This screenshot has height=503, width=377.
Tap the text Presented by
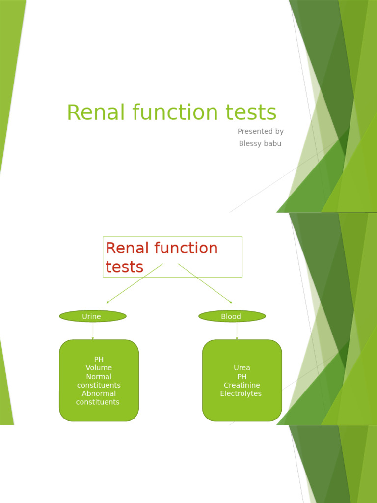[260, 131]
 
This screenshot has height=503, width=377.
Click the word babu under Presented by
[272, 143]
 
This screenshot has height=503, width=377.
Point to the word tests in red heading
[124, 267]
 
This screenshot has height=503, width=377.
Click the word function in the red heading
[187, 248]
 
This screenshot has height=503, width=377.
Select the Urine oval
[92, 316]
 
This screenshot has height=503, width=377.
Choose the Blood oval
[232, 316]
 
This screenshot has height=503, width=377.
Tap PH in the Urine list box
[99, 359]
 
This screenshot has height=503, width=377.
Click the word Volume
[99, 368]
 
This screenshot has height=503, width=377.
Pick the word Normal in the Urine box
[99, 377]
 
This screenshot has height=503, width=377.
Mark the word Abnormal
[99, 393]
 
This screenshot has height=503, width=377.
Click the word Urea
[242, 368]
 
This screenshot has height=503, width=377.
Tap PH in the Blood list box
[242, 377]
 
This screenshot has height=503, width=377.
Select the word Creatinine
[242, 385]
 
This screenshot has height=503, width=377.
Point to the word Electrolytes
[241, 393]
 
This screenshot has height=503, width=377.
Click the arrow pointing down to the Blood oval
[205, 283]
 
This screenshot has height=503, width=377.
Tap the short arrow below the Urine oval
[93, 331]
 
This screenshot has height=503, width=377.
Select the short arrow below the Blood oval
[237, 331]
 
